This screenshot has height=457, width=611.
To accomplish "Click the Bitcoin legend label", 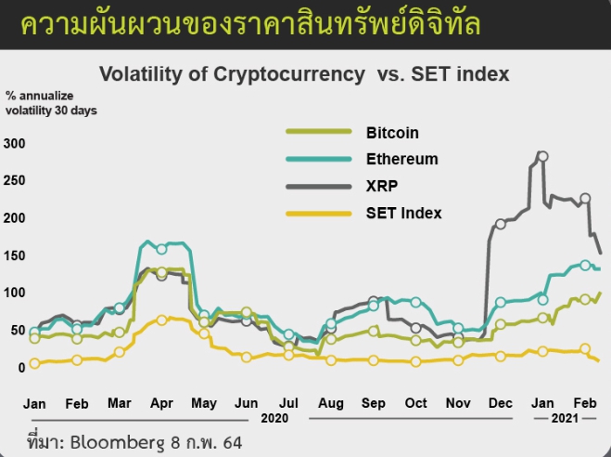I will (x=392, y=133).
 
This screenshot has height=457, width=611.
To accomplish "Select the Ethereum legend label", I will (x=401, y=159).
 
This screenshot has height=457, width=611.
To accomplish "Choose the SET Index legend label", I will (x=403, y=213).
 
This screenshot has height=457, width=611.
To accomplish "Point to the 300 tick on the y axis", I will (x=14, y=143).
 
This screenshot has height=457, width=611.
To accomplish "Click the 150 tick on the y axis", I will (x=14, y=255).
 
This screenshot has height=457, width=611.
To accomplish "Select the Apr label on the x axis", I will (x=162, y=403).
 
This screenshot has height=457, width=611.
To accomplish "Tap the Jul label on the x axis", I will (x=289, y=403).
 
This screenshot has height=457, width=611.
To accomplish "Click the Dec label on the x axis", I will (x=501, y=403).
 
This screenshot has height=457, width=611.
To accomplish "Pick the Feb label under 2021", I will (x=585, y=403).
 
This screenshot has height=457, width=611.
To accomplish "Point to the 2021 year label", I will (x=566, y=419).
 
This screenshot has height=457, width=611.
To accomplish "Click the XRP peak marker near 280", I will (x=542, y=156).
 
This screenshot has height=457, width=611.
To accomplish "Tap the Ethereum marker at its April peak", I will (x=162, y=249).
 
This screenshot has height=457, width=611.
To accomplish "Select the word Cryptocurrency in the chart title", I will (x=289, y=73).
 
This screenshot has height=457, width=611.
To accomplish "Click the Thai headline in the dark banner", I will (x=250, y=23).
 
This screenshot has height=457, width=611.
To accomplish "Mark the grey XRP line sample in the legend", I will (x=318, y=186).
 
